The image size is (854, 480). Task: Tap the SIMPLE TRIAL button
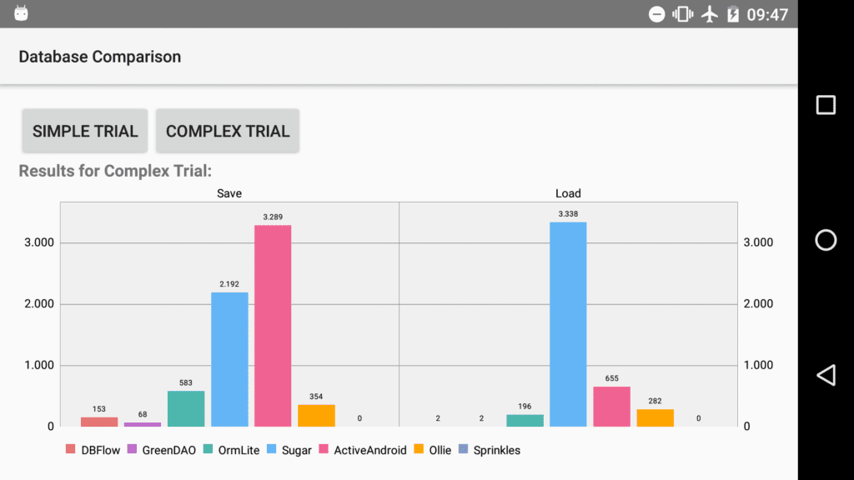point(85,131)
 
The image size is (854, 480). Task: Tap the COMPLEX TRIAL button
point(227,131)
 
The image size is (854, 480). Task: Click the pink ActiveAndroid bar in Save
point(273,325)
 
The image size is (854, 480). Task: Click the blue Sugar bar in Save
point(229,358)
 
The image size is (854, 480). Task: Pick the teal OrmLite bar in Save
point(186,408)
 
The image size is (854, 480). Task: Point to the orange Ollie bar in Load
point(655,417)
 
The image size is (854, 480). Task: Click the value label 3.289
point(273,217)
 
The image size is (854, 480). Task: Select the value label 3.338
point(568,214)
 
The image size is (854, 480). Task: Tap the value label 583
point(186,383)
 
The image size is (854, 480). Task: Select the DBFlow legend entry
point(93,450)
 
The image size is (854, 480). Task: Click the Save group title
point(229,193)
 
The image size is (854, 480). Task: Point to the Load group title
point(568,193)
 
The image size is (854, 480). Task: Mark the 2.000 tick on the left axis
point(38,304)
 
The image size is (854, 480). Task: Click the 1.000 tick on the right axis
point(758,365)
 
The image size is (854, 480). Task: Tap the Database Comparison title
point(100,57)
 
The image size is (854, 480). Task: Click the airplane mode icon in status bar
point(710,14)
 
